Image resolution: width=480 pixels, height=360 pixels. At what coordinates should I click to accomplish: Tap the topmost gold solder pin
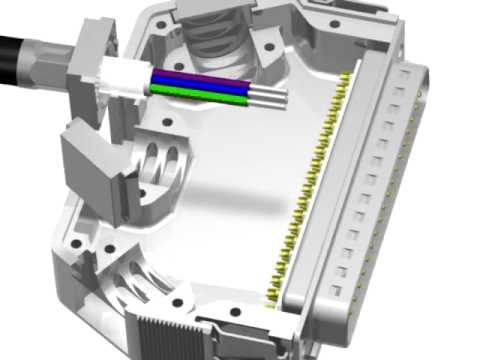346,77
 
